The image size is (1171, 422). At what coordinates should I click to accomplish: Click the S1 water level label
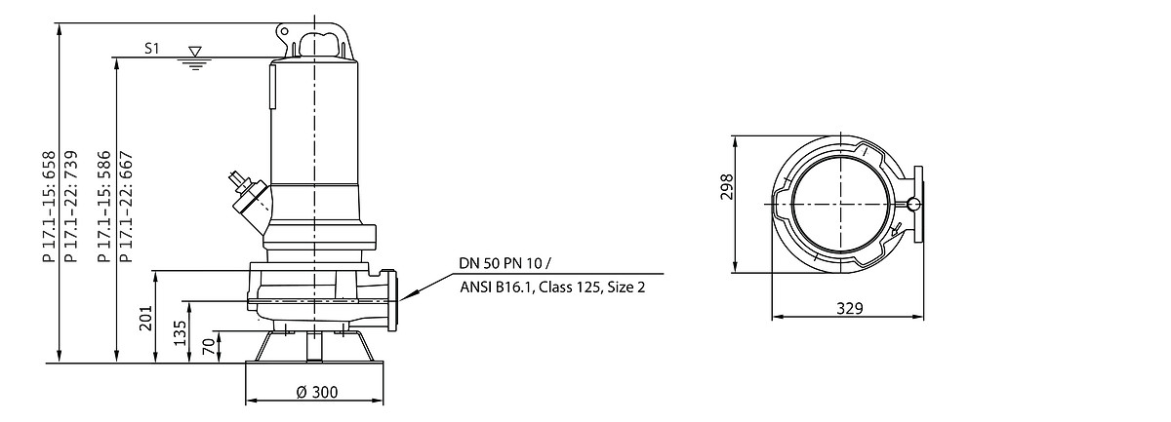point(151,49)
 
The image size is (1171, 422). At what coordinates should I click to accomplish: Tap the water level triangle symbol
point(195,52)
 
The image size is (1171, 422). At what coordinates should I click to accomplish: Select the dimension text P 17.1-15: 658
point(49,207)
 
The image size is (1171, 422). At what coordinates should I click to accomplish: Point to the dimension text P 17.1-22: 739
point(70,207)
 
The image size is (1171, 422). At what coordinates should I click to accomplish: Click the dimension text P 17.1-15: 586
point(104,207)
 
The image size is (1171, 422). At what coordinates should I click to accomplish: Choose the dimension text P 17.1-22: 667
point(127,207)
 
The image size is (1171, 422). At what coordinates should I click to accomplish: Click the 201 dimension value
point(145,318)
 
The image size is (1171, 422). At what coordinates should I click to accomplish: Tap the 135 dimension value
point(180,332)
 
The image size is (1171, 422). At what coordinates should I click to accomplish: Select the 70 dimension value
point(209,346)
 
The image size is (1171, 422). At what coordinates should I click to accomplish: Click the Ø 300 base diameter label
point(317,392)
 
